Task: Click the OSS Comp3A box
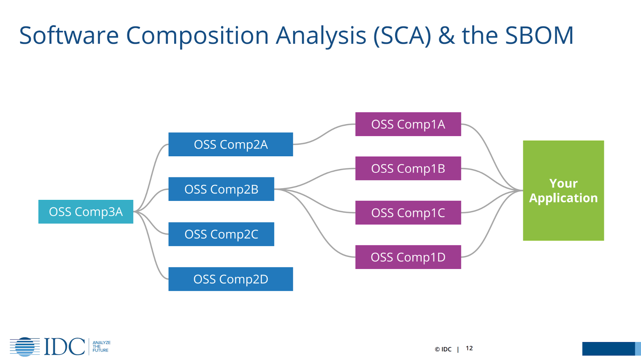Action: pos(86,212)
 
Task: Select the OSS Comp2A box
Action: pos(231,144)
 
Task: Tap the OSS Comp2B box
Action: pos(221,189)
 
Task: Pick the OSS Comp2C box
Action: pos(221,234)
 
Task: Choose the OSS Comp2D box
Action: pos(231,279)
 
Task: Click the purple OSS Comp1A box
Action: pos(408,124)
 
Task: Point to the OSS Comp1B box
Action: pos(408,168)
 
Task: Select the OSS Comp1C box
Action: pos(408,213)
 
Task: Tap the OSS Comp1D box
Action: pos(408,257)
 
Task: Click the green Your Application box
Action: pos(563,191)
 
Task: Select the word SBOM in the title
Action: pos(539,35)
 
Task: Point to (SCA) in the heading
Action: pos(402,35)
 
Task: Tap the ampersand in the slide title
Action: pos(446,35)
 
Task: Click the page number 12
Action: pos(469,348)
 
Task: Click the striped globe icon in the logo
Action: pos(25,347)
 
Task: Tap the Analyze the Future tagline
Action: pos(101,347)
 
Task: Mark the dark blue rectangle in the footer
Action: pos(608,348)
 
